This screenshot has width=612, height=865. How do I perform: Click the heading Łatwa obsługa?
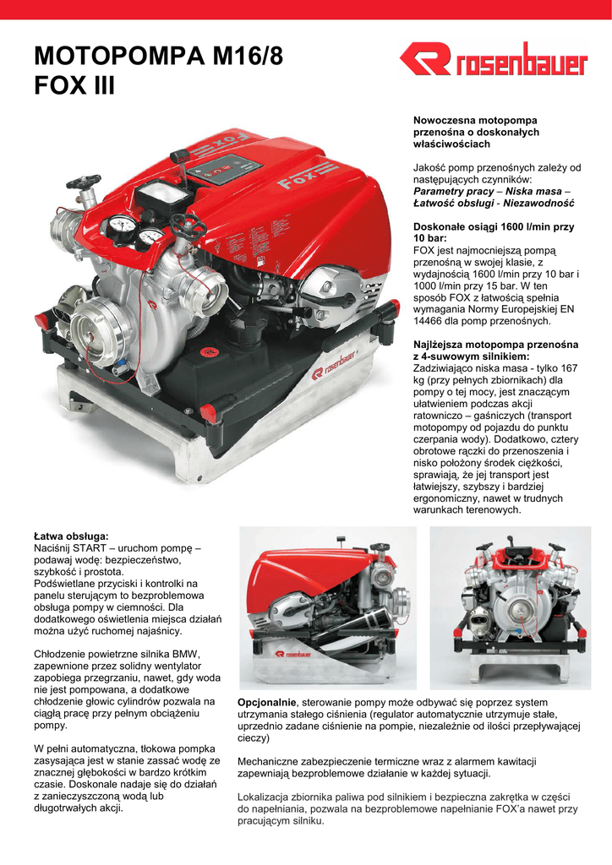pos(71,536)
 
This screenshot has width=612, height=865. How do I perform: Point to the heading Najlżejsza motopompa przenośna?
pos(495,345)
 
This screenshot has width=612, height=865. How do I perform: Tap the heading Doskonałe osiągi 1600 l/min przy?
pos(493,227)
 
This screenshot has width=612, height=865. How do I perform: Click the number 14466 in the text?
pos(430,322)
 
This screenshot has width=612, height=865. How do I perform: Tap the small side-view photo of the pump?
pos(328,608)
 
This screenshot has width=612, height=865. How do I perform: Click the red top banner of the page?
pos(306,9)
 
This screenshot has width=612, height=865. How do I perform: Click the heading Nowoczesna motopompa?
pos(474,122)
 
